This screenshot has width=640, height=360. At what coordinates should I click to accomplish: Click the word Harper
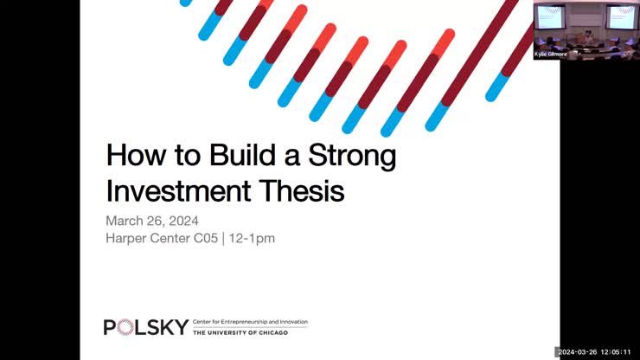tap(127, 237)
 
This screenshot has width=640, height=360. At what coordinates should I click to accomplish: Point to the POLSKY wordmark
tap(146, 326)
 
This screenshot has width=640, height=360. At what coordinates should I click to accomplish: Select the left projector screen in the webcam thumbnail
tap(551, 17)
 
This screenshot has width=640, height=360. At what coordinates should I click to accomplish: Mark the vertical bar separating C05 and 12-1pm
tap(224, 237)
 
